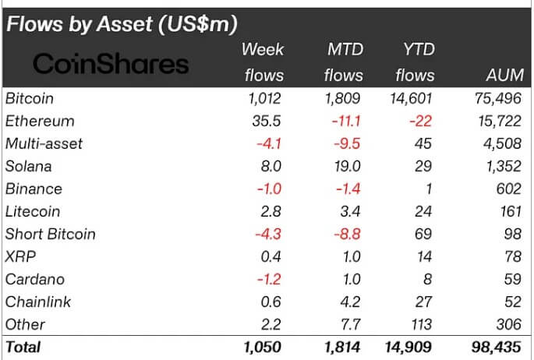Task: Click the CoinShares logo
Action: click(111, 63)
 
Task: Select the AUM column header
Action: click(499, 75)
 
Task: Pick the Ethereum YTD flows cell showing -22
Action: click(419, 121)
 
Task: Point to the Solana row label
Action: click(28, 166)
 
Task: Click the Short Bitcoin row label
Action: click(50, 234)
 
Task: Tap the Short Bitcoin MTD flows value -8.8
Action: click(347, 234)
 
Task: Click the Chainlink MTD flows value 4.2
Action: click(352, 302)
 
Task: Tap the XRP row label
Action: click(20, 256)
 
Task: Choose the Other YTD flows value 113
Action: click(421, 324)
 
